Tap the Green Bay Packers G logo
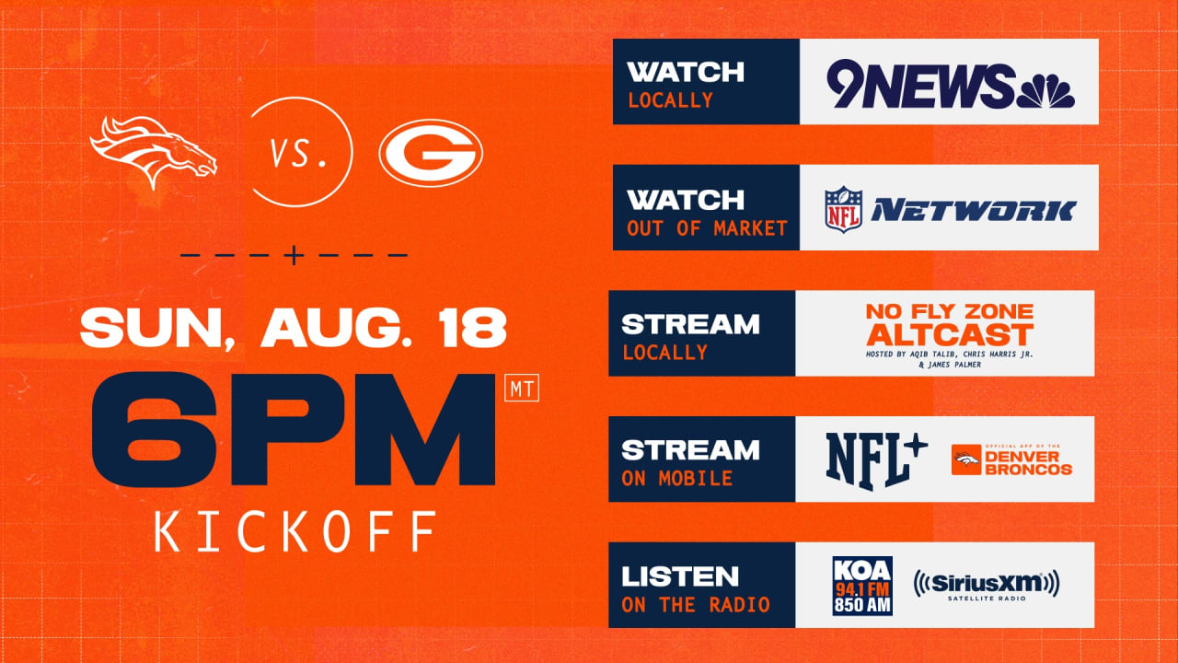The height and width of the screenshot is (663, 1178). pyautogui.click(x=431, y=153)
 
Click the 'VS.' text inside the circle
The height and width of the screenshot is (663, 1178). pyautogui.click(x=297, y=153)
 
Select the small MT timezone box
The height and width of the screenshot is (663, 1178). pyautogui.click(x=522, y=388)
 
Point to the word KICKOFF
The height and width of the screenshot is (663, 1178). pyautogui.click(x=295, y=531)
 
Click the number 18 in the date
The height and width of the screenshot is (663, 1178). pyautogui.click(x=474, y=327)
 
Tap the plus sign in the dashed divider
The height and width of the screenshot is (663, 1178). pyautogui.click(x=294, y=255)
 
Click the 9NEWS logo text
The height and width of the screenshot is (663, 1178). pyautogui.click(x=920, y=84)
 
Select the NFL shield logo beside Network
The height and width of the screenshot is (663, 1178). pyautogui.click(x=844, y=209)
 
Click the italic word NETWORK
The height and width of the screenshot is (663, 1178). pyautogui.click(x=974, y=211)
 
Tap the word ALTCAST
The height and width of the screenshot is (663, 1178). pyautogui.click(x=951, y=334)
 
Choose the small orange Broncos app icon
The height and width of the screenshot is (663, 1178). pyautogui.click(x=966, y=459)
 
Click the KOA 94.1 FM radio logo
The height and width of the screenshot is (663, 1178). pyautogui.click(x=862, y=586)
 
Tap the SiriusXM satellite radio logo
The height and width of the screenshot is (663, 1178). pyautogui.click(x=987, y=585)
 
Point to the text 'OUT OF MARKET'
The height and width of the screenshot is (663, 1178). pyautogui.click(x=707, y=228)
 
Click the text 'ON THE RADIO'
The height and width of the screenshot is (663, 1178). pyautogui.click(x=695, y=605)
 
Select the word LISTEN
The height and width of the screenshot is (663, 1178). pyautogui.click(x=680, y=576)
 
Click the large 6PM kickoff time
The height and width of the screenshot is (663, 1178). pyautogui.click(x=294, y=429)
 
